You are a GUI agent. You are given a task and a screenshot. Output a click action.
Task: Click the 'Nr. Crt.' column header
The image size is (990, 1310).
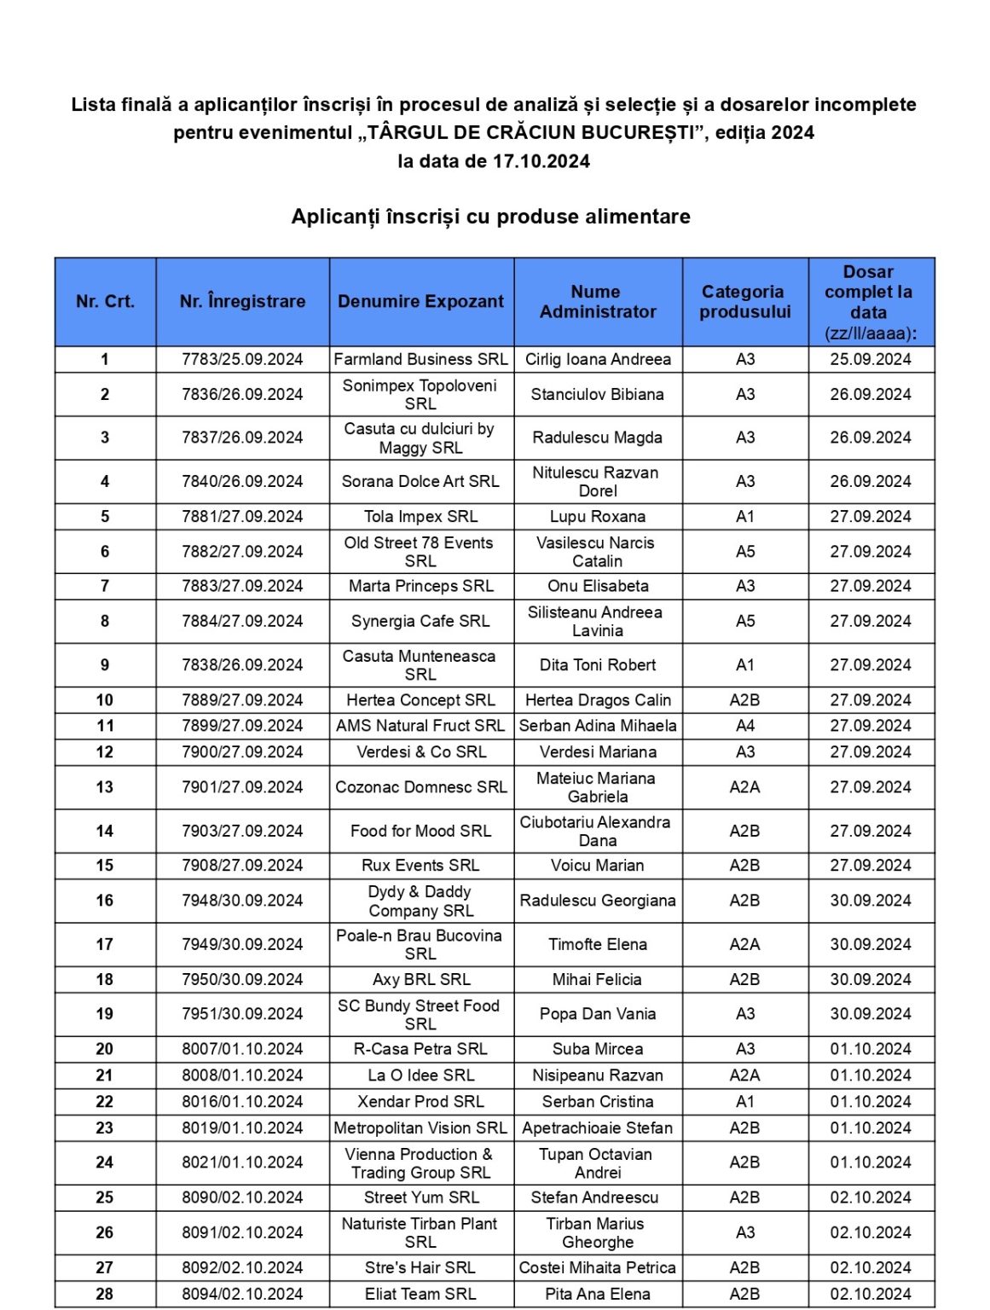[105, 301]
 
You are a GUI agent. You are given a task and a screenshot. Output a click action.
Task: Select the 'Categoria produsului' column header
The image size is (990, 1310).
[744, 301]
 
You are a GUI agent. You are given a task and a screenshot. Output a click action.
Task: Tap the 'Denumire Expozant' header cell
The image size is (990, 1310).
[420, 301]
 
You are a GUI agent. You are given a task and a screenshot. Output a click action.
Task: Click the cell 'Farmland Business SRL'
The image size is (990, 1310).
[420, 359]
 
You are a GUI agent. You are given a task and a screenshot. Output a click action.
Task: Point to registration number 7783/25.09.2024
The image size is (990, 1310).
[242, 359]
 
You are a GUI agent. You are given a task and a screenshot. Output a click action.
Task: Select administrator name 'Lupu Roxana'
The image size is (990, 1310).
[597, 516]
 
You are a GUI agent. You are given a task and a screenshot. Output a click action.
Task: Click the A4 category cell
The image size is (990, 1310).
[744, 726]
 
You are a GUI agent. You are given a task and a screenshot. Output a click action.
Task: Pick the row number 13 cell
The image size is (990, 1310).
[105, 787]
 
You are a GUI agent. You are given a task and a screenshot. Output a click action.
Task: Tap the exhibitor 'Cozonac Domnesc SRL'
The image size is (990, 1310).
[420, 787]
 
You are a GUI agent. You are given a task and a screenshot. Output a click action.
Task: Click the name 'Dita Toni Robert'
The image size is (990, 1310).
[597, 665]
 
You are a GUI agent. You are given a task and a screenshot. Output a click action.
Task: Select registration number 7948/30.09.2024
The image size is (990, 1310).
[242, 901]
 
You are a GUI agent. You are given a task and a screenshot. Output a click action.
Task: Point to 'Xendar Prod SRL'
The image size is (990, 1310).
[420, 1102]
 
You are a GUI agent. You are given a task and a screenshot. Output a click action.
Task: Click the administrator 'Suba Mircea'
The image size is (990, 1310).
[597, 1049]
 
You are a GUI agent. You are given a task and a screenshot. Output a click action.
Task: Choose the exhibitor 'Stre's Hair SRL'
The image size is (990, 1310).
[420, 1268]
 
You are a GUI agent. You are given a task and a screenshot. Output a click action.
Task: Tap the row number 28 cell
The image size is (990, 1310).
[105, 1294]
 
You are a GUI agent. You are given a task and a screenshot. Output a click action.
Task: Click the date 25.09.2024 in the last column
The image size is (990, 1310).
[870, 359]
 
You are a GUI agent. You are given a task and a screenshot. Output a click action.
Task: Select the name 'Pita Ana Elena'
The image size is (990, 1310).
[597, 1294]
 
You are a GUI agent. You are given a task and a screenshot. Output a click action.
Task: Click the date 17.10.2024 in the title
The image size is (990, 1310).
[541, 161]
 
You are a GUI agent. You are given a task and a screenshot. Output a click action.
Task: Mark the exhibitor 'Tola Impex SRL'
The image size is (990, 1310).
[420, 516]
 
